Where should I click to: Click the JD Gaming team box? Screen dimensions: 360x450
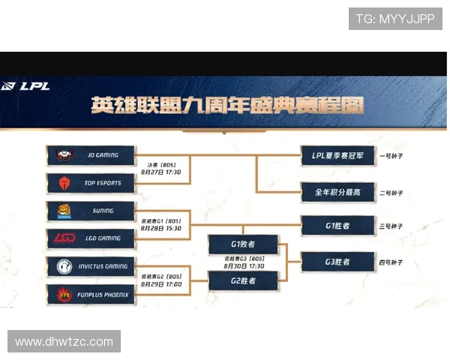[91, 155]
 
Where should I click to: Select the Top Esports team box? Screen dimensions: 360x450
[91, 182]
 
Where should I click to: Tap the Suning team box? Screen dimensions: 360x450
[91, 211]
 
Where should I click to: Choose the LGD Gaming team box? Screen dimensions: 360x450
[91, 238]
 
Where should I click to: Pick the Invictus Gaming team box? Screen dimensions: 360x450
[91, 266]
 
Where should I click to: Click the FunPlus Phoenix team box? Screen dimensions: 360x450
[91, 295]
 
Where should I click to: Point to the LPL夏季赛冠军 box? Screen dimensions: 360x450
[337, 156]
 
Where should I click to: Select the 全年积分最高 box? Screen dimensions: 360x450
[337, 193]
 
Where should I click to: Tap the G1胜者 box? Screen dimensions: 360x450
[337, 224]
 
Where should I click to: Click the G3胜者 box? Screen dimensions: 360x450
[337, 262]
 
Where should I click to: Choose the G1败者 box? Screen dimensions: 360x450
[243, 244]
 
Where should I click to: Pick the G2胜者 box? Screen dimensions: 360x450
[243, 280]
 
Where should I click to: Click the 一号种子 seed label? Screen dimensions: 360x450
[392, 156]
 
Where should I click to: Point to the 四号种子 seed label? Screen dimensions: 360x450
[392, 262]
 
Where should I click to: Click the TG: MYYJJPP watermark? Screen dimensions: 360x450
[394, 19]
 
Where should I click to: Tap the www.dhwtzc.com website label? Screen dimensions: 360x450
[64, 341]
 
